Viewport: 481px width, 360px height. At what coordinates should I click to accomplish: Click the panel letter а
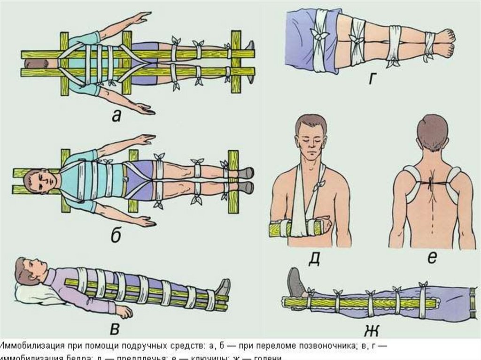(116, 115)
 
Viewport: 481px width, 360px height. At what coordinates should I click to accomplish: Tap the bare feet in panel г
(444, 43)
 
